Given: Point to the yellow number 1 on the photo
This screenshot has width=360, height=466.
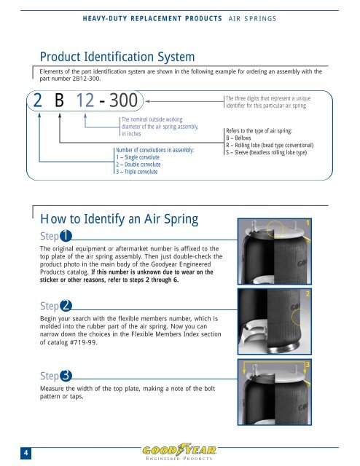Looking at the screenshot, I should pos(309,222).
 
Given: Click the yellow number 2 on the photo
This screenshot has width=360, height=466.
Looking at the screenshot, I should pos(309,293).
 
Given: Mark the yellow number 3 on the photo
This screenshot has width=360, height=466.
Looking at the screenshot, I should pos(309,363).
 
